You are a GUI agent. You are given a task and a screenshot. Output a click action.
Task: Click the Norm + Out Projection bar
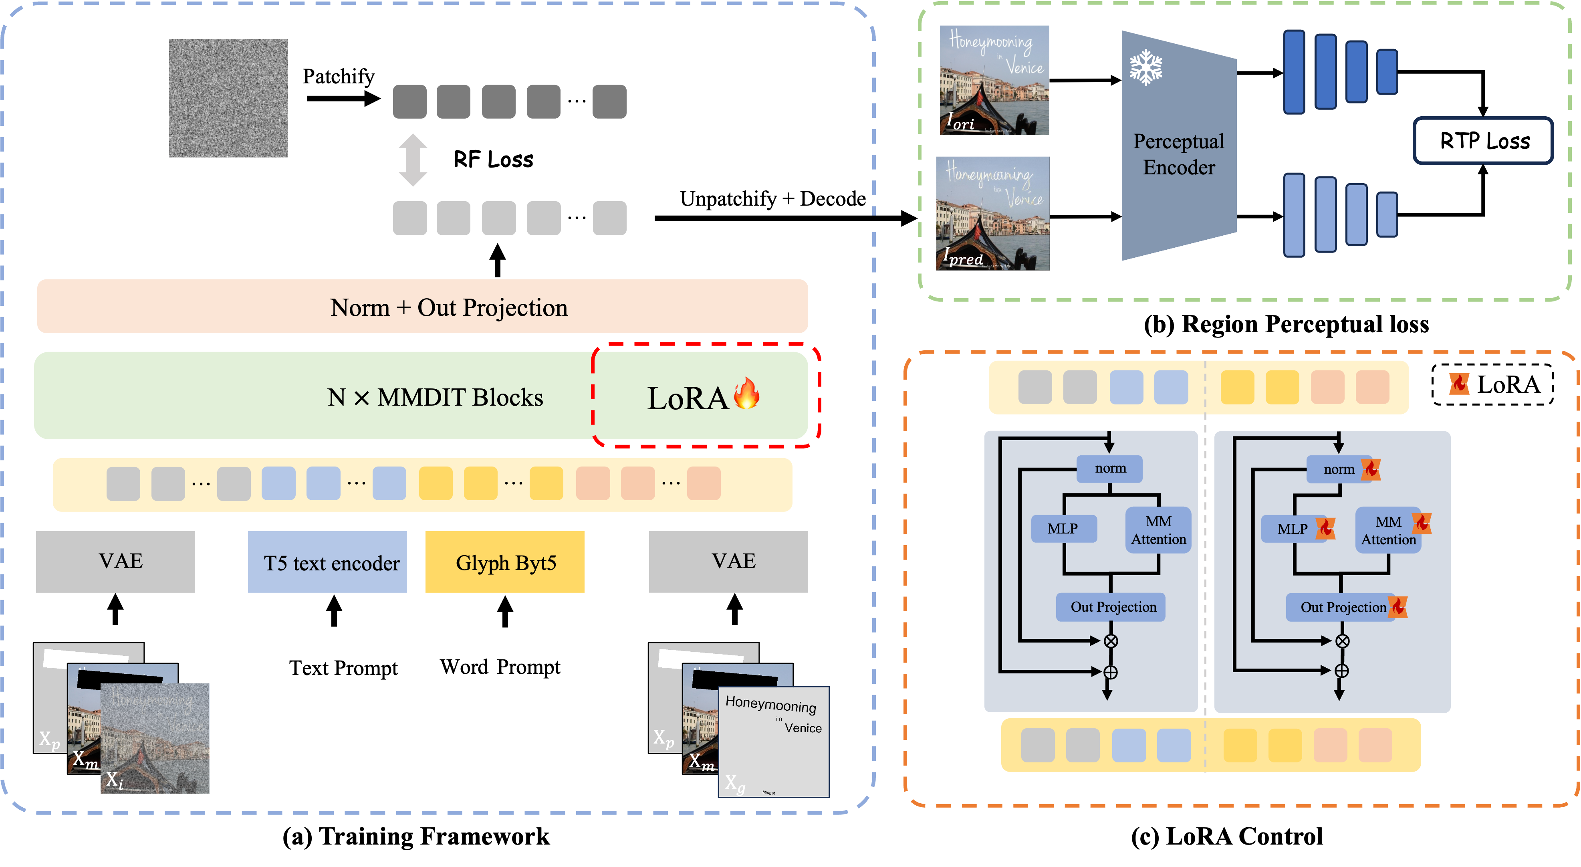click(422, 306)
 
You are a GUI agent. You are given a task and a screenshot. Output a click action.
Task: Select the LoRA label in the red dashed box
click(688, 398)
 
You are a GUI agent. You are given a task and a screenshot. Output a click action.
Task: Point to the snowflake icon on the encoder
click(1146, 68)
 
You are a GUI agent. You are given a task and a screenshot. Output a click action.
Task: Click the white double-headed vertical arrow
click(412, 160)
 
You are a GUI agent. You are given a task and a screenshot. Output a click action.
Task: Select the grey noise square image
click(228, 98)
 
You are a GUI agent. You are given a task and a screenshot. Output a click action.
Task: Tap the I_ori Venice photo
click(994, 80)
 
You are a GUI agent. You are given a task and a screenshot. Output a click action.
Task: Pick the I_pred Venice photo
click(993, 213)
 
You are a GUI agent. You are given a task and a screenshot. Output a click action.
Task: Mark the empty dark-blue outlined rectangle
click(1483, 141)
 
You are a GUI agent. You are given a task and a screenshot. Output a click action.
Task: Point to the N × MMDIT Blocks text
click(435, 397)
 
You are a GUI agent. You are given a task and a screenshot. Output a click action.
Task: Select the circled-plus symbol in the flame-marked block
click(1342, 671)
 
